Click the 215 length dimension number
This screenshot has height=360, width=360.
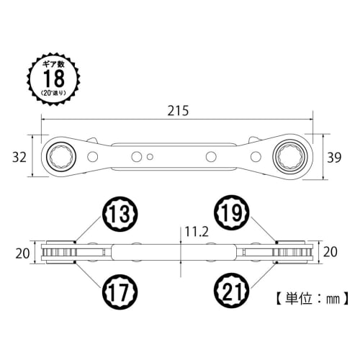178,112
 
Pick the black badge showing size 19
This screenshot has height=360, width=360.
232,214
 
